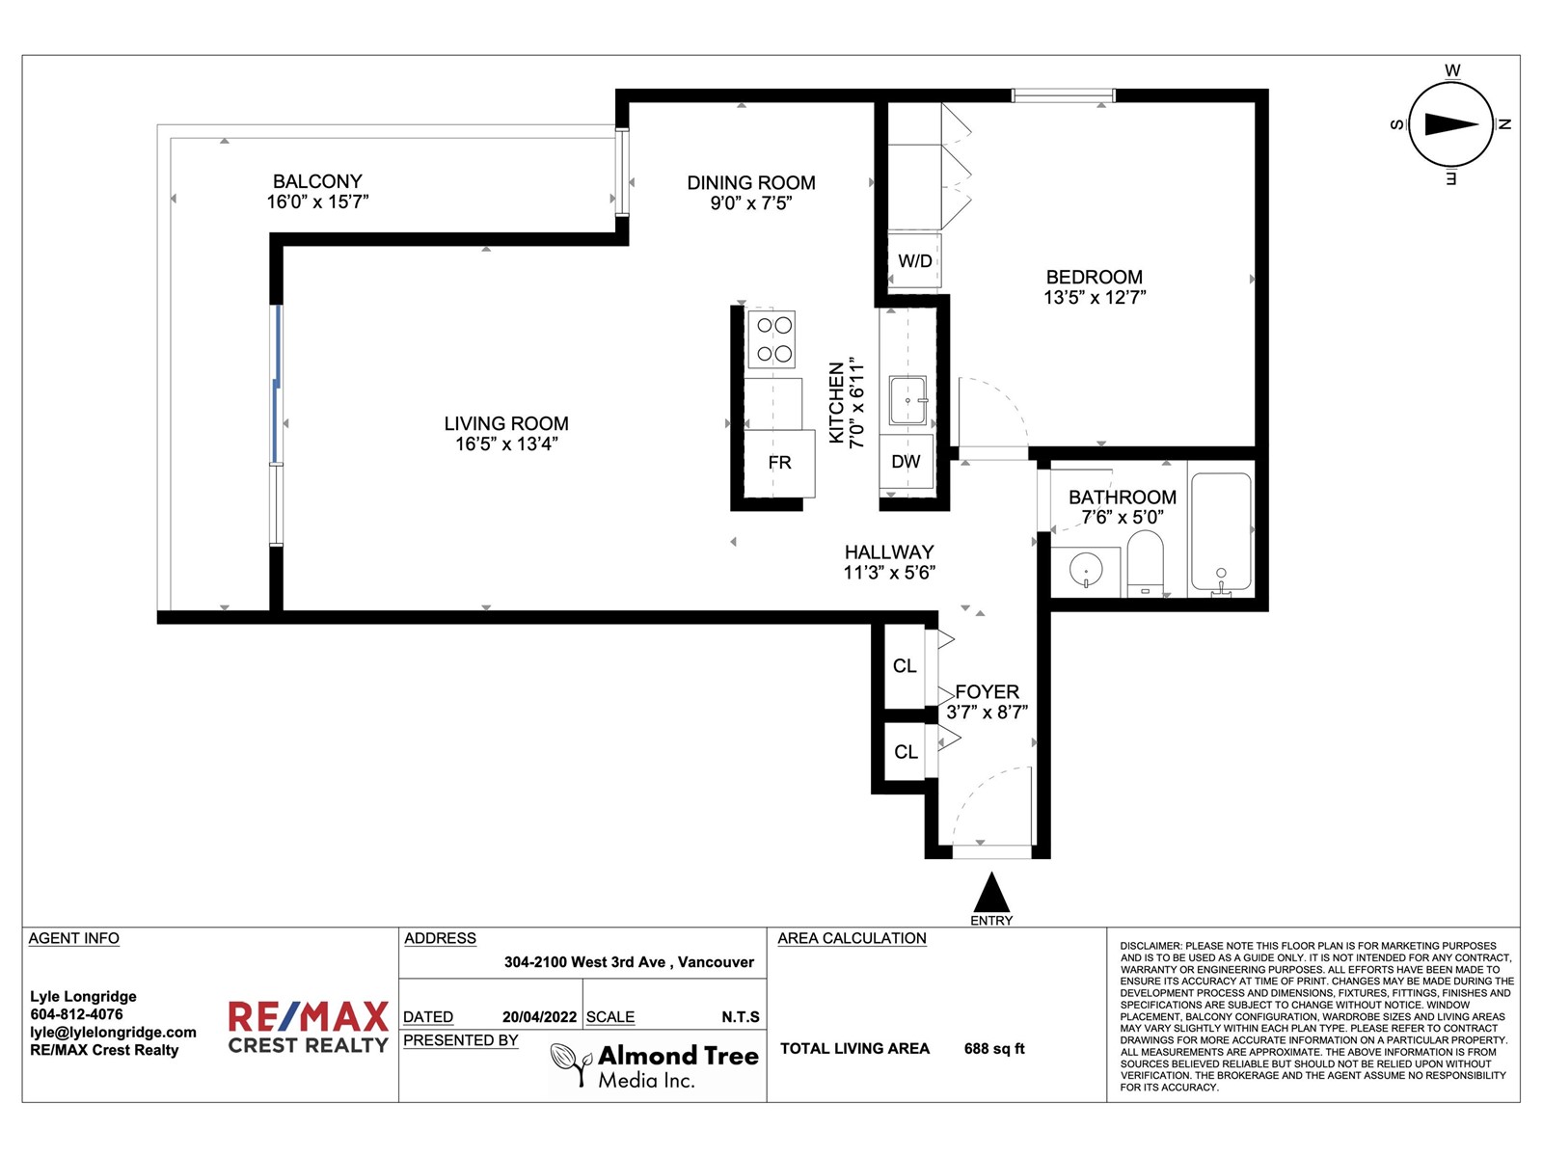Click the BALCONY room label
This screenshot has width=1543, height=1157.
pos(317,181)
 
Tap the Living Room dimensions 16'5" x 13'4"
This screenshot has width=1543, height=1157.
pos(506,444)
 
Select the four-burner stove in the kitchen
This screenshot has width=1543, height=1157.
pos(771,339)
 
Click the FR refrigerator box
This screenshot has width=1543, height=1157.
pos(779,463)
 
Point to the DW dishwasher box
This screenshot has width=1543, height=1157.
pos(907,462)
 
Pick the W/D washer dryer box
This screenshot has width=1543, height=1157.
pos(914,260)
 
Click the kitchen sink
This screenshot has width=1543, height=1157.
pos(907,400)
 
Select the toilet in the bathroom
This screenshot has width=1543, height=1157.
pos(1145,563)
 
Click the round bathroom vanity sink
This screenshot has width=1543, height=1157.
pos(1086,568)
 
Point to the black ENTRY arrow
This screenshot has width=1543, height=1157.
pos(991,892)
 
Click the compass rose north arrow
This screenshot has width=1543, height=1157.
pos(1451,124)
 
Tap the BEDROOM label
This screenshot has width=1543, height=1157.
pos(1094,277)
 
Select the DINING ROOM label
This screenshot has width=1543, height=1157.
pos(750,182)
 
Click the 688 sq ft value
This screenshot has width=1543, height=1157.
pos(994,1049)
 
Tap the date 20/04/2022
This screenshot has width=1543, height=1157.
pos(539,1016)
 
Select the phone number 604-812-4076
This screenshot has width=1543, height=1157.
pos(76,1014)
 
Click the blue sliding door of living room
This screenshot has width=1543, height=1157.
pos(278,384)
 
